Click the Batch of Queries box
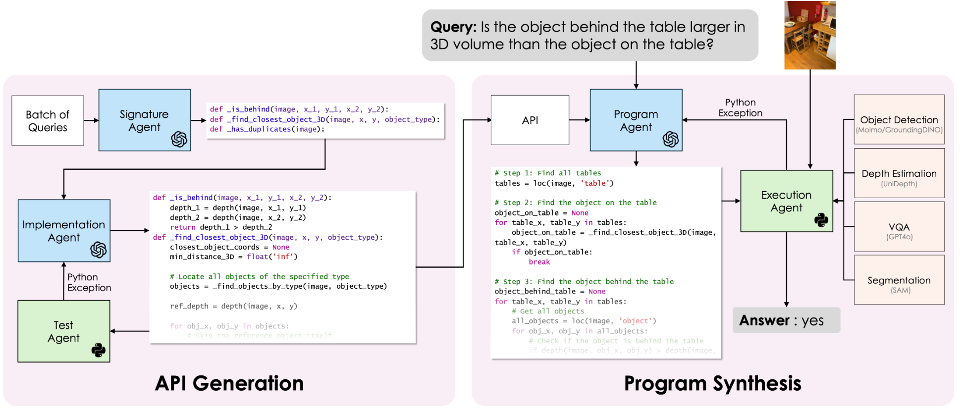coord(48,121)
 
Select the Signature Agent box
coord(144,120)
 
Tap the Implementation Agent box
coord(64,231)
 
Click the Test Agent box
coord(63,331)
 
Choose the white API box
coord(530,120)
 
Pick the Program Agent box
coord(636,120)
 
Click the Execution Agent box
coord(786,201)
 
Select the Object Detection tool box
coord(899,120)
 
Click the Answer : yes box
coord(786,320)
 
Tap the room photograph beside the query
coord(810,35)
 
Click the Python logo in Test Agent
coord(99,351)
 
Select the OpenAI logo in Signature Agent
coord(179,140)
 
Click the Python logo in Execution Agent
coord(821,220)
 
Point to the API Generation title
coord(229,383)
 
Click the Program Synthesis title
coord(712,383)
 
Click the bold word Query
coord(453,27)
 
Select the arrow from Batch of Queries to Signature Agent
coord(91,120)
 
